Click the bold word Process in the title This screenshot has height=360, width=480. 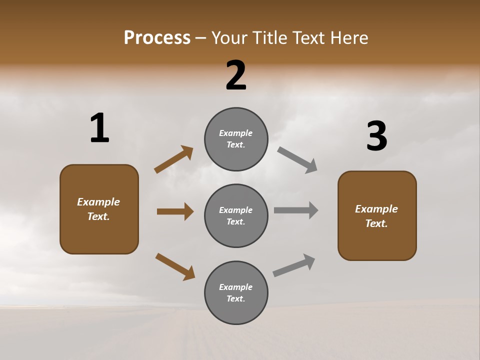[x=157, y=37]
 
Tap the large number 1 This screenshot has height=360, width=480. [x=99, y=128]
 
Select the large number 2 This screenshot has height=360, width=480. [x=236, y=75]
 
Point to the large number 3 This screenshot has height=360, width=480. [x=376, y=136]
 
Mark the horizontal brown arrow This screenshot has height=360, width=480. [x=175, y=211]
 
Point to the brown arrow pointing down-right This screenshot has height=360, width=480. [x=175, y=266]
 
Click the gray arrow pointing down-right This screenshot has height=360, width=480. [x=297, y=160]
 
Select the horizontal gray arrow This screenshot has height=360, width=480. [x=296, y=210]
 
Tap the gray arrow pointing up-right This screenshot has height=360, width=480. [x=294, y=265]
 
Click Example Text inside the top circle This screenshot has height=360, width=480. [x=236, y=139]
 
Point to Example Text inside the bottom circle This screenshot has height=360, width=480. [x=236, y=293]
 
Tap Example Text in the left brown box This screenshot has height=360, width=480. [x=98, y=209]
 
